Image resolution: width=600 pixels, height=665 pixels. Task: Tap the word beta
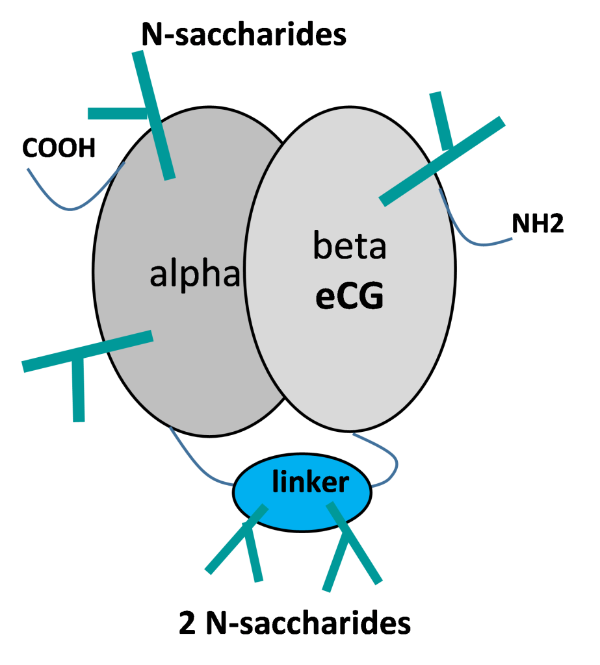tap(350, 247)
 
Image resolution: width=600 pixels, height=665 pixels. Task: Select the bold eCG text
tap(349, 297)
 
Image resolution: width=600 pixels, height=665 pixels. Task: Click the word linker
tap(310, 482)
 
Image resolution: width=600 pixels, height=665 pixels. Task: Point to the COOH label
tap(59, 148)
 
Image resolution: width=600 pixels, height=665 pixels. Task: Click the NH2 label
tap(537, 223)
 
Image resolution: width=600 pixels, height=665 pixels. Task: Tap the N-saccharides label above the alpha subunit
tap(246, 34)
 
